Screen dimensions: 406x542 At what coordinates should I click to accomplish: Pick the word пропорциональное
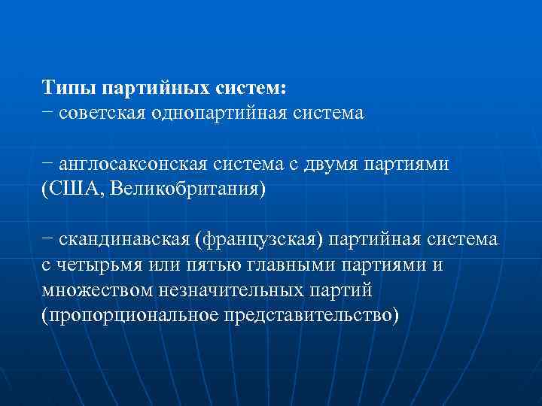(x=131, y=314)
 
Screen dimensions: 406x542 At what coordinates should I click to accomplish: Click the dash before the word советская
(x=47, y=114)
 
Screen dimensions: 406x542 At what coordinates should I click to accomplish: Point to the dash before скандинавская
(x=47, y=239)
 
